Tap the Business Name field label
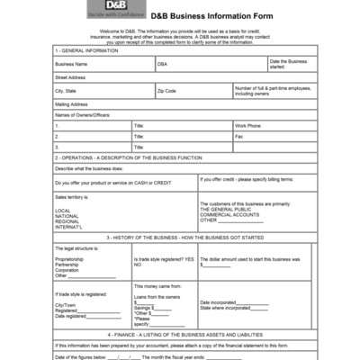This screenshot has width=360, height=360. click(x=71, y=64)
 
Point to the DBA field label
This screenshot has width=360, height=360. click(x=162, y=64)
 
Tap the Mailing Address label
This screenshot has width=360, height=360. click(x=71, y=104)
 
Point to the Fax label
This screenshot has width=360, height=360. click(x=239, y=136)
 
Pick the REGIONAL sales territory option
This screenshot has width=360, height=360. click(x=67, y=221)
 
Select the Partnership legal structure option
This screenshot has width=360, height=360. click(x=68, y=264)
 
